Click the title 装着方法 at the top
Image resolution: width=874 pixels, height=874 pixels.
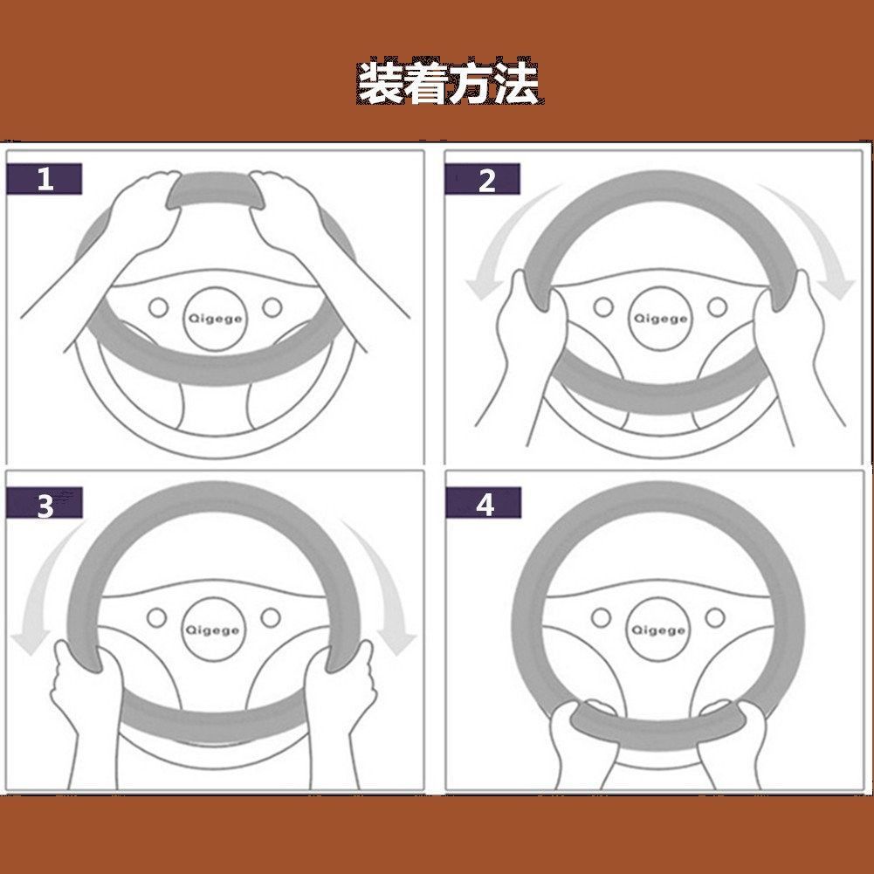click(x=447, y=84)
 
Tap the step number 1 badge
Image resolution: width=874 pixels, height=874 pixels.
click(x=45, y=179)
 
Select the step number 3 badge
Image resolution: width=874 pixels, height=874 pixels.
click(x=45, y=504)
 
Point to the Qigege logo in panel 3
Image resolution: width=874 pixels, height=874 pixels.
click(x=213, y=630)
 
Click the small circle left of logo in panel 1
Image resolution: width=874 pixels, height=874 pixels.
click(x=159, y=307)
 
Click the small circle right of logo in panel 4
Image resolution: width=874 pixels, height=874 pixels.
click(x=715, y=618)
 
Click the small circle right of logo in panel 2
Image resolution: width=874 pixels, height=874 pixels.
click(x=717, y=307)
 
